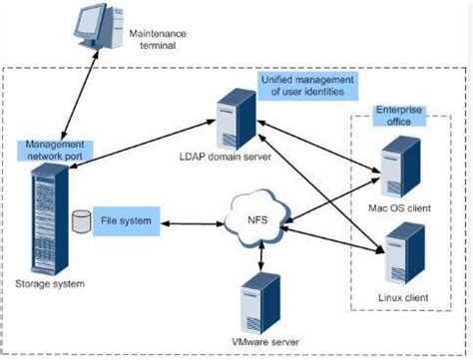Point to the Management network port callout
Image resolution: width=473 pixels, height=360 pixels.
[x=56, y=149]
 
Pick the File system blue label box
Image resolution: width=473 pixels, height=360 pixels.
[x=126, y=217]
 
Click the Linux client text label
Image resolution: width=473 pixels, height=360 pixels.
[x=397, y=296]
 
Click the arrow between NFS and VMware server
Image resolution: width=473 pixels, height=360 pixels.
[x=260, y=255]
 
